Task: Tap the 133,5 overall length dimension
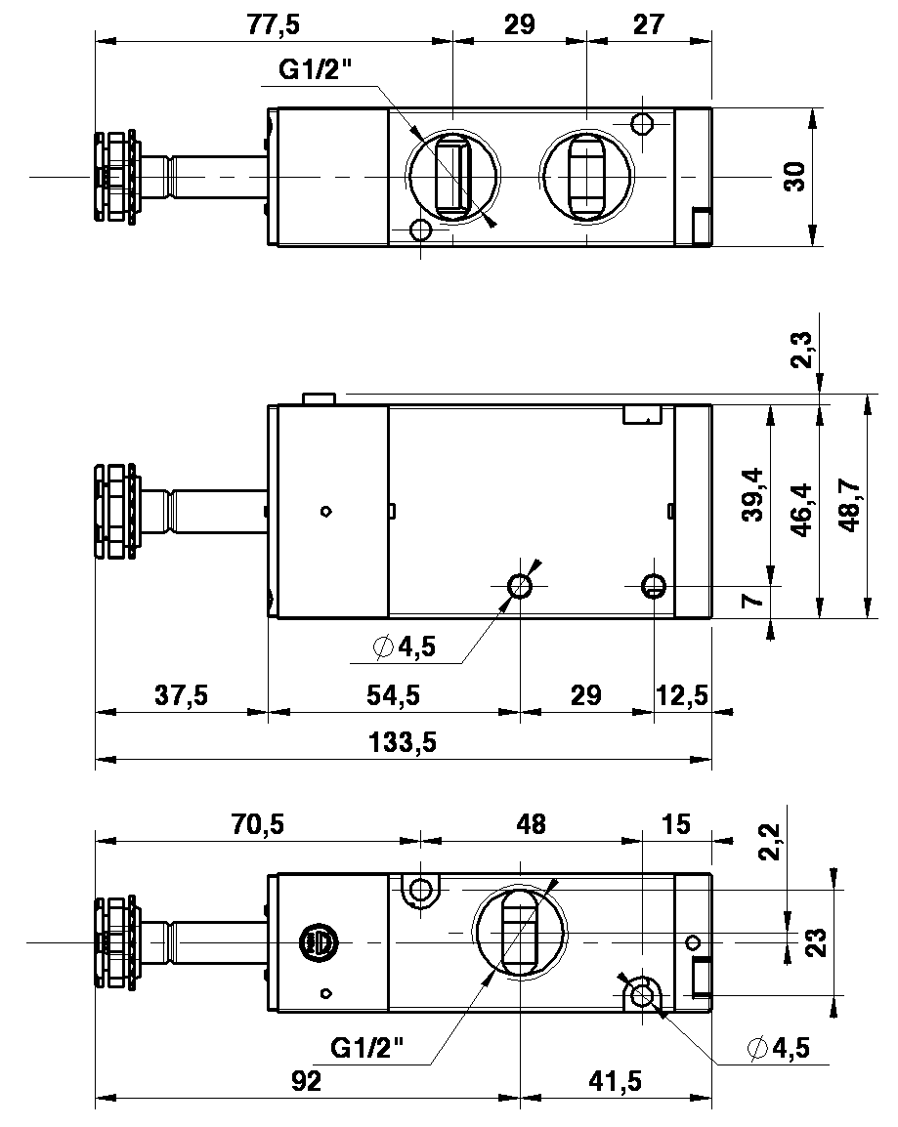[405, 743]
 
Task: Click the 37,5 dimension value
[182, 695]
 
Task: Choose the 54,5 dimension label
[393, 695]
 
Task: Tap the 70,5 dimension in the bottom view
[258, 824]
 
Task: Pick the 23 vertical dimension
[819, 941]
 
